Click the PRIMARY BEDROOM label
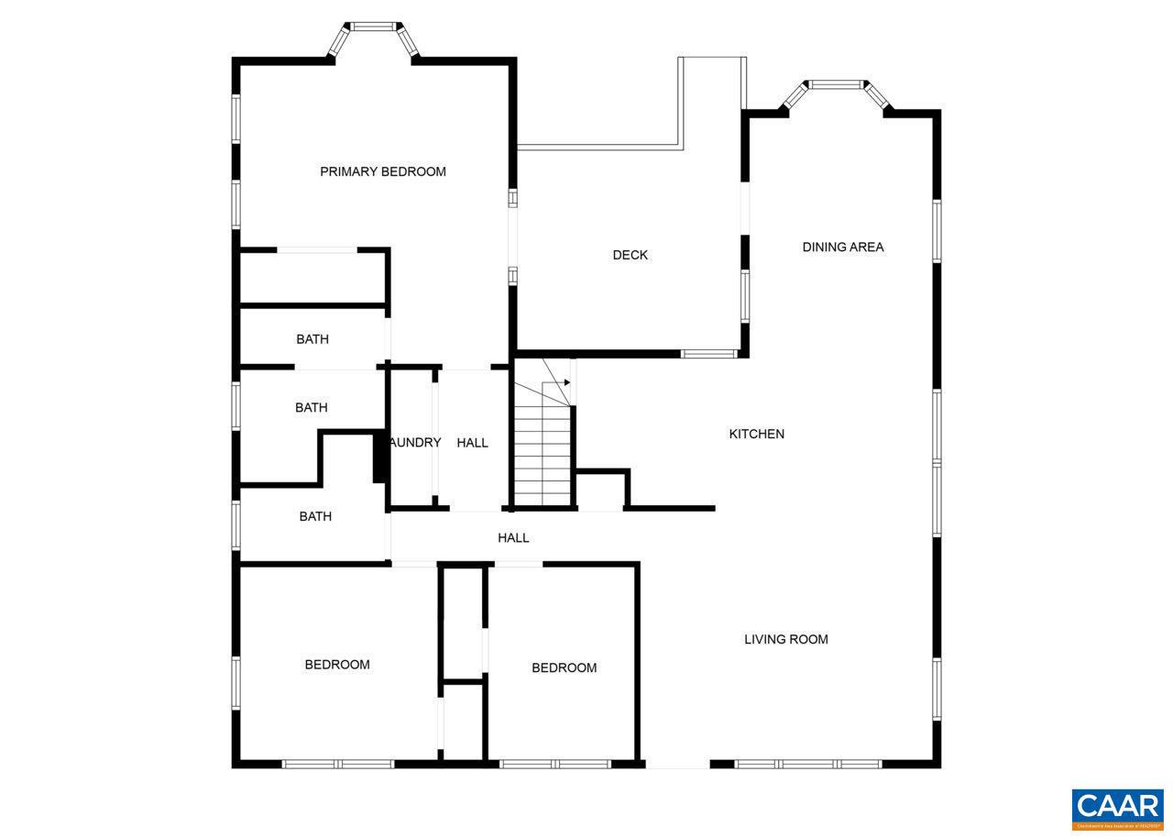point(382,171)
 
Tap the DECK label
point(630,255)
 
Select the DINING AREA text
point(843,247)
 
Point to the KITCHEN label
point(756,434)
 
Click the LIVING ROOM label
point(785,639)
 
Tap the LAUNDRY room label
point(415,442)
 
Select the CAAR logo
point(1117,809)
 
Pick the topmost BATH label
point(312,339)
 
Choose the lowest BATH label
point(314,516)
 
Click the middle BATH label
point(311,407)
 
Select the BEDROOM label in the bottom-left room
point(337,664)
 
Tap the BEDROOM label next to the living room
point(564,667)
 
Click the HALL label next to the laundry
point(472,442)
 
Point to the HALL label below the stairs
point(513,537)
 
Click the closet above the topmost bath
point(312,276)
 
